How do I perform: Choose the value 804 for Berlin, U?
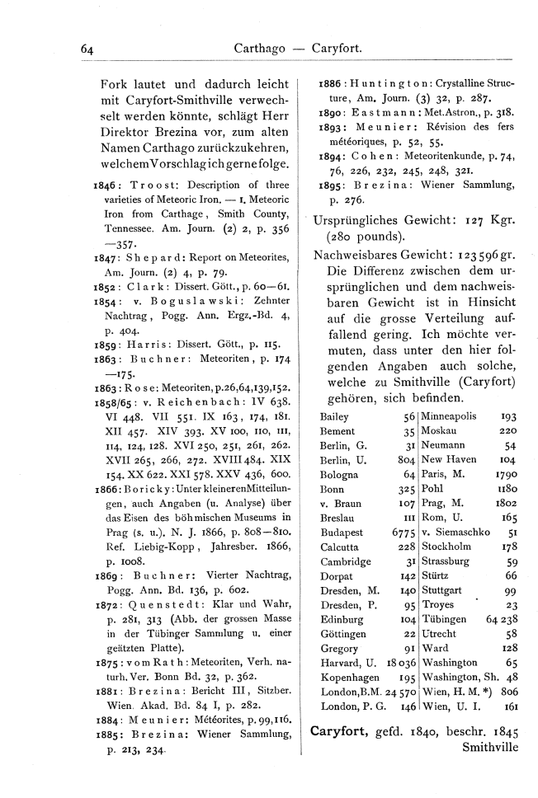click(404, 460)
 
